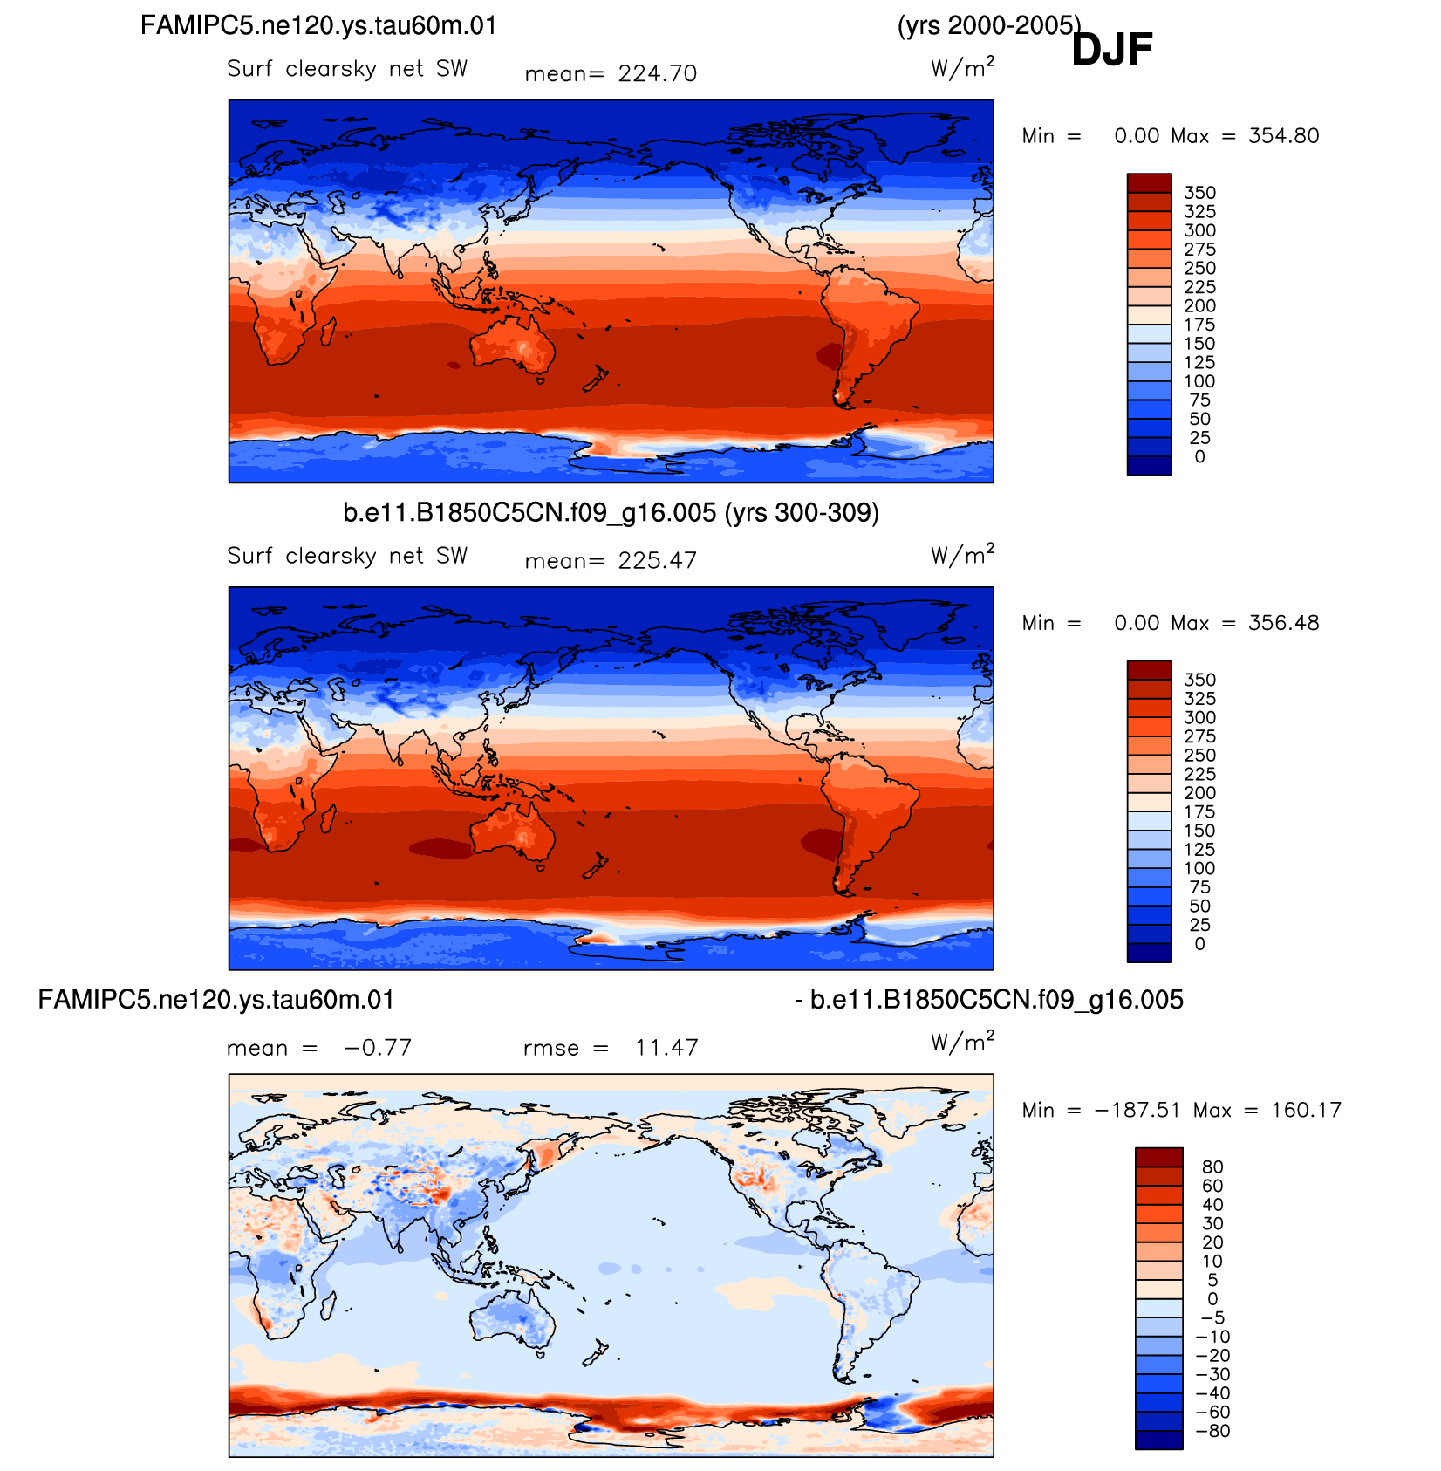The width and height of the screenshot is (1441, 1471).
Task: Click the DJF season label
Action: tap(1111, 49)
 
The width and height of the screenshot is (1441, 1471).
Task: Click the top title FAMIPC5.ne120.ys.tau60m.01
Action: tap(318, 25)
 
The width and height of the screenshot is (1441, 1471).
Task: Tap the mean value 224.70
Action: tap(658, 74)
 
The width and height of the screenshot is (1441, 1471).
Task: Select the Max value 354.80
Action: tap(1283, 136)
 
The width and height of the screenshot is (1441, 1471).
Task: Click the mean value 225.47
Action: tap(658, 561)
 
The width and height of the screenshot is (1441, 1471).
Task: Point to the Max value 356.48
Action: tap(1283, 623)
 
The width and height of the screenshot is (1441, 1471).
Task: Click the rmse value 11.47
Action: tap(666, 1048)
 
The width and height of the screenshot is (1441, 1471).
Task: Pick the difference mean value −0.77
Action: tap(378, 1048)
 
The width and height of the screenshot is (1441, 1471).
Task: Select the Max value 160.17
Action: tap(1306, 1111)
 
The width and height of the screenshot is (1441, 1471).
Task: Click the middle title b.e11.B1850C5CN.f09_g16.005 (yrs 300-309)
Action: tap(611, 512)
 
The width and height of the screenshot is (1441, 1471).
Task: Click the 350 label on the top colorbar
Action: tap(1199, 193)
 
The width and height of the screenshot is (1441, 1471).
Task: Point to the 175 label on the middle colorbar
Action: tap(1199, 812)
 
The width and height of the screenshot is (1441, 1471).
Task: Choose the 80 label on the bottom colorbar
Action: tap(1212, 1167)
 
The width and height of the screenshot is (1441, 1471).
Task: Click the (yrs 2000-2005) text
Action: tap(989, 26)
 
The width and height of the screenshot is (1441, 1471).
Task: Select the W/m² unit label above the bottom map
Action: tap(963, 1042)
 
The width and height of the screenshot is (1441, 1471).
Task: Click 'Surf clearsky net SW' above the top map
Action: tap(347, 69)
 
